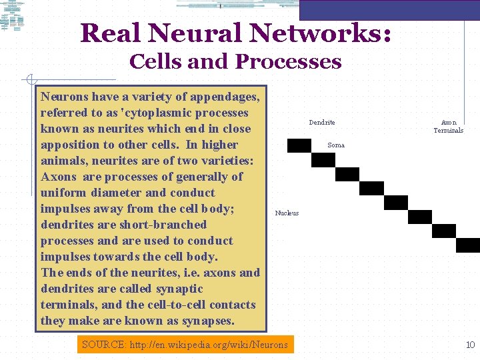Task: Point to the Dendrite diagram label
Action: click(322, 123)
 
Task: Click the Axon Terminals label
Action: click(449, 127)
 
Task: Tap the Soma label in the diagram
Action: click(336, 145)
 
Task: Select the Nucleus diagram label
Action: click(287, 213)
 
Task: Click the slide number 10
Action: click(470, 345)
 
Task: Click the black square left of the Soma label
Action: click(299, 145)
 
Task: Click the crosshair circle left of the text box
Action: click(31, 80)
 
